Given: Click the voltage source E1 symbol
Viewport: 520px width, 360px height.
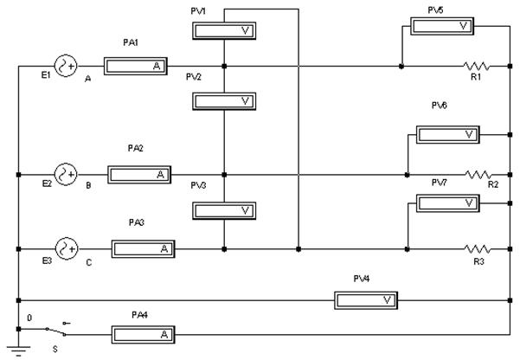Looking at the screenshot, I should (66, 66).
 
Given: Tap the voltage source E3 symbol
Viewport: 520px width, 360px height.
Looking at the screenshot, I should (67, 248).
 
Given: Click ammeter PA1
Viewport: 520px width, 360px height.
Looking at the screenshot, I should (135, 66).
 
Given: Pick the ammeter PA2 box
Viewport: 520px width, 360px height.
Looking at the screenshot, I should (138, 174).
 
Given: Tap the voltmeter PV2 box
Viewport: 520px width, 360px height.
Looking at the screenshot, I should (223, 101).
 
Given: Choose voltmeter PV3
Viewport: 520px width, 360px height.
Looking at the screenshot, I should (223, 210).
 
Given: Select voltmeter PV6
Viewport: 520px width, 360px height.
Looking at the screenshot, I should (447, 134).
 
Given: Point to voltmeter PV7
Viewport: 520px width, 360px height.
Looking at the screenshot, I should (447, 203).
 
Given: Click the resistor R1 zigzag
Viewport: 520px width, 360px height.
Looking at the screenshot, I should (477, 66).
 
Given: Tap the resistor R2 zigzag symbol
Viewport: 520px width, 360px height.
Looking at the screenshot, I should (478, 174).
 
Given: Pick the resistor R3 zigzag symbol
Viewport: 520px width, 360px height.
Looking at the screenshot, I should (478, 248).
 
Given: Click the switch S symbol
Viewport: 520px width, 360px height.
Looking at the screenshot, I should (57, 330).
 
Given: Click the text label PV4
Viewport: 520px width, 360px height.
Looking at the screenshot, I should (362, 278).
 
